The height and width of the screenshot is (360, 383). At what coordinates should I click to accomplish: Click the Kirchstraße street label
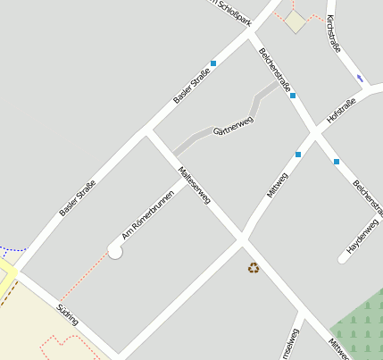point(334,34)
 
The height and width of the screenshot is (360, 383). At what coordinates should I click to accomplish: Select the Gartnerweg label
point(233,126)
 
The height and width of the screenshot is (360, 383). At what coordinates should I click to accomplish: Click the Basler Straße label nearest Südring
point(78,198)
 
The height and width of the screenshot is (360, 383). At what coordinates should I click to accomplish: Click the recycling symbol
point(254,266)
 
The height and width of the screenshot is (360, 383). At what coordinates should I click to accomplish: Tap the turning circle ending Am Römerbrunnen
point(115,252)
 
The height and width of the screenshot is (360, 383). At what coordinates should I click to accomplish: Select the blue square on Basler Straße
point(213,63)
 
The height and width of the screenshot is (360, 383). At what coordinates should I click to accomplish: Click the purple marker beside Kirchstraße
point(360,78)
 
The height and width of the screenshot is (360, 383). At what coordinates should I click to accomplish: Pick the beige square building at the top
point(296,22)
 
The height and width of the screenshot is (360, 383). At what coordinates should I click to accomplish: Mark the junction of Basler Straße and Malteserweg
point(145,133)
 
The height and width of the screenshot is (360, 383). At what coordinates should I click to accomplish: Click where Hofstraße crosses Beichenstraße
point(314,134)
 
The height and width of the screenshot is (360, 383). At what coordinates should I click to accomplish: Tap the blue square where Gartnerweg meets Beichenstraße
point(293,95)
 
